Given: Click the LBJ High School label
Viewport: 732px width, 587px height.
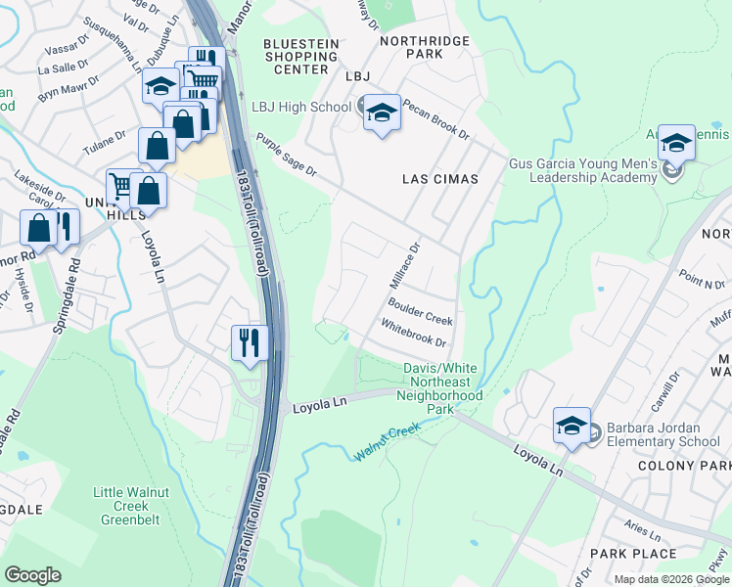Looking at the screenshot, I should pyautogui.click(x=300, y=107).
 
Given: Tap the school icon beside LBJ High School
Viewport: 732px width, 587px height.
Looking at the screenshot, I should pyautogui.click(x=382, y=113).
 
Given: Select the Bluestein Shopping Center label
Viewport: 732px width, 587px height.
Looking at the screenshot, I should pyautogui.click(x=301, y=56).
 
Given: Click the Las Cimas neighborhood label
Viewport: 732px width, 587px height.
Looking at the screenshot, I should pyautogui.click(x=440, y=179).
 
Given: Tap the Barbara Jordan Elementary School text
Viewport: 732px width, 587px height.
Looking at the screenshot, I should pyautogui.click(x=663, y=434).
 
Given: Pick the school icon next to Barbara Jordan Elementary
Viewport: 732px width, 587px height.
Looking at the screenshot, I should pyautogui.click(x=572, y=426).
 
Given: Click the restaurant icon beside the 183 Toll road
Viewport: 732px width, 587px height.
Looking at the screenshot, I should pyautogui.click(x=249, y=342).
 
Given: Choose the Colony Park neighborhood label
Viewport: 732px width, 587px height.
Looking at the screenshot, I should pyautogui.click(x=678, y=465).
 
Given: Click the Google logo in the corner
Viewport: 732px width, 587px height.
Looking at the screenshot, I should pyautogui.click(x=32, y=574).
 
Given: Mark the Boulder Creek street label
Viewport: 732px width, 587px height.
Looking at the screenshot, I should pyautogui.click(x=424, y=313).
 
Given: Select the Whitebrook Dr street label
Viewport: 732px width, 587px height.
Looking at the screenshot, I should pyautogui.click(x=413, y=335).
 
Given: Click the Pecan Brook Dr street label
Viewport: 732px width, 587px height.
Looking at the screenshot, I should pyautogui.click(x=435, y=119).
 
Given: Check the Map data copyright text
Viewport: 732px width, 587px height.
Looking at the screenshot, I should pyautogui.click(x=671, y=579).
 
